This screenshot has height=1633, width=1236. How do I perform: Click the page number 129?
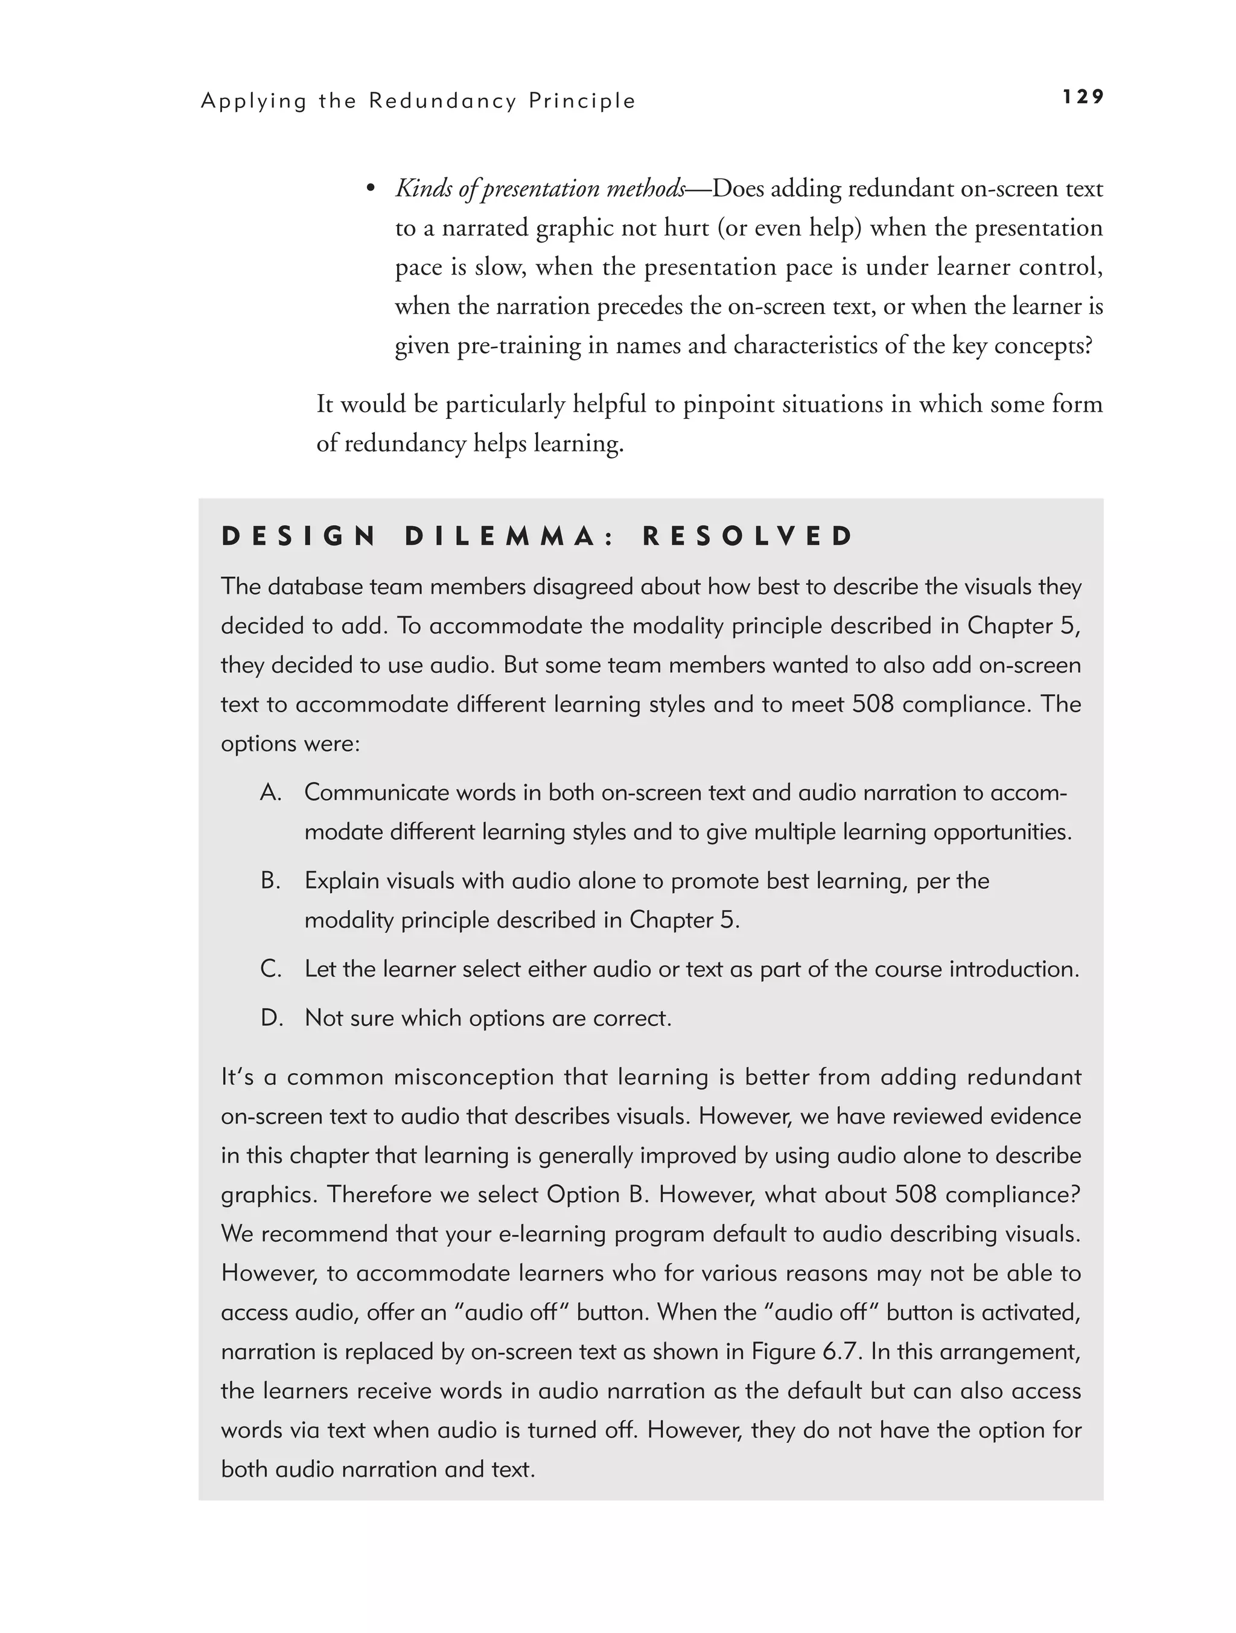(x=1083, y=97)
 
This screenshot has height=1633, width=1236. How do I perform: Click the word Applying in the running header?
(x=253, y=101)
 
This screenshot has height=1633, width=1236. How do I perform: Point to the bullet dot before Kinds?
(x=371, y=189)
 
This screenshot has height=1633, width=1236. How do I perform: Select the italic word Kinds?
(x=424, y=189)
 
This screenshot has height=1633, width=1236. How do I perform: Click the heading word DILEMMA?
(x=510, y=536)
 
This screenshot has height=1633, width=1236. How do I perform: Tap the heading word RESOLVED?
(x=748, y=536)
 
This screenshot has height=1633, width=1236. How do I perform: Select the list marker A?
(x=271, y=792)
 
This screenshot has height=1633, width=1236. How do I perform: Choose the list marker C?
(x=271, y=969)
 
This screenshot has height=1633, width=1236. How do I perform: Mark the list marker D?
(x=272, y=1018)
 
